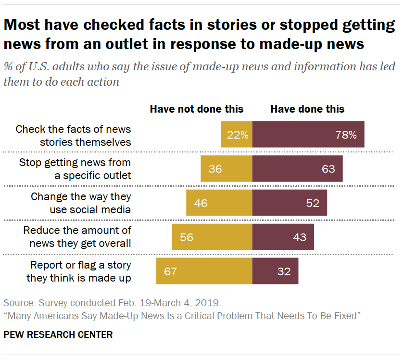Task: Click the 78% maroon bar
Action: [x=308, y=134]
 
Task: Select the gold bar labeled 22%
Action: [x=236, y=134]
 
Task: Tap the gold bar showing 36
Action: [x=226, y=168]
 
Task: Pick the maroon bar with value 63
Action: [x=297, y=168]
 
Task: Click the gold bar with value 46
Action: [x=219, y=203]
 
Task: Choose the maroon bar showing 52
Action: [x=290, y=203]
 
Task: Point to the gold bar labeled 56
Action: [x=212, y=237]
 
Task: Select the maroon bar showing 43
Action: [x=283, y=237]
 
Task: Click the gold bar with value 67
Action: [x=204, y=271]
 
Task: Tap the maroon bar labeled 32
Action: [x=275, y=271]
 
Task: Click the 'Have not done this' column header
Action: [x=197, y=109]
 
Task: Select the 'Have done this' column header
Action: [x=307, y=109]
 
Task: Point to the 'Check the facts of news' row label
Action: [x=73, y=129]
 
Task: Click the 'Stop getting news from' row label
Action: [x=75, y=163]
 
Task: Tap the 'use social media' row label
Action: [x=90, y=210]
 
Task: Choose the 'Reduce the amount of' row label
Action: [x=77, y=231]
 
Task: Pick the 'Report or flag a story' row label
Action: [x=80, y=265]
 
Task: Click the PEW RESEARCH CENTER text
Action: [x=58, y=334]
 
